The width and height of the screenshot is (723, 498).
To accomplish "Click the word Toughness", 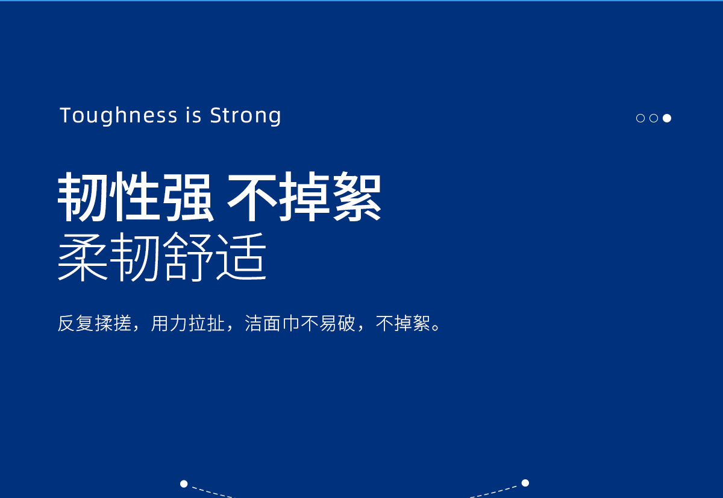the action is pyautogui.click(x=119, y=115).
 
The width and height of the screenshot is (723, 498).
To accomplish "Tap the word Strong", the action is pyautogui.click(x=246, y=115).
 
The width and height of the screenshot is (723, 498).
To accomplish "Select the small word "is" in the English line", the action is pyautogui.click(x=193, y=115).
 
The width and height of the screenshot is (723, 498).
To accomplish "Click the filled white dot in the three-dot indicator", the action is pyautogui.click(x=667, y=118).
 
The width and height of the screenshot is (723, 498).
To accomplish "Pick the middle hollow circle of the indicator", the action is pyautogui.click(x=654, y=118).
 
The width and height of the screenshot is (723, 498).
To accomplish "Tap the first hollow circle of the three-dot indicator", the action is pyautogui.click(x=640, y=118).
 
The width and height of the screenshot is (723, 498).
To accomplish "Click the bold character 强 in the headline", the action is pyautogui.click(x=187, y=197).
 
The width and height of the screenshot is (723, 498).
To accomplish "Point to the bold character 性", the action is pyautogui.click(x=135, y=197).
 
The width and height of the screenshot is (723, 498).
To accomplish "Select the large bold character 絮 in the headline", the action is pyautogui.click(x=357, y=197).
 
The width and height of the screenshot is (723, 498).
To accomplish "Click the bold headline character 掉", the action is pyautogui.click(x=304, y=197).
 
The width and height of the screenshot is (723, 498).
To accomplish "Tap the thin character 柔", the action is pyautogui.click(x=83, y=256).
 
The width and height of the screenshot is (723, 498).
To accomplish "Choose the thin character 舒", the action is pyautogui.click(x=188, y=256).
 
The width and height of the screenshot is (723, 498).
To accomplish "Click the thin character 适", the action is pyautogui.click(x=241, y=256).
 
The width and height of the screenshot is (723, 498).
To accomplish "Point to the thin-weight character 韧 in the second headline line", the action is pyautogui.click(x=135, y=256).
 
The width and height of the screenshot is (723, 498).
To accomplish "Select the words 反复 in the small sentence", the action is pyautogui.click(x=76, y=323).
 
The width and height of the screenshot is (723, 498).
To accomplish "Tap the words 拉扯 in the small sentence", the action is pyautogui.click(x=207, y=323).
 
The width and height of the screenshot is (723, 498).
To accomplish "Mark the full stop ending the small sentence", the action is pyautogui.click(x=436, y=327).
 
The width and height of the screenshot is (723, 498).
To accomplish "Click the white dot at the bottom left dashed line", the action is pyautogui.click(x=184, y=484).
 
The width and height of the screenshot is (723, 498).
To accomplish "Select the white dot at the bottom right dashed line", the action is pyautogui.click(x=525, y=483).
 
